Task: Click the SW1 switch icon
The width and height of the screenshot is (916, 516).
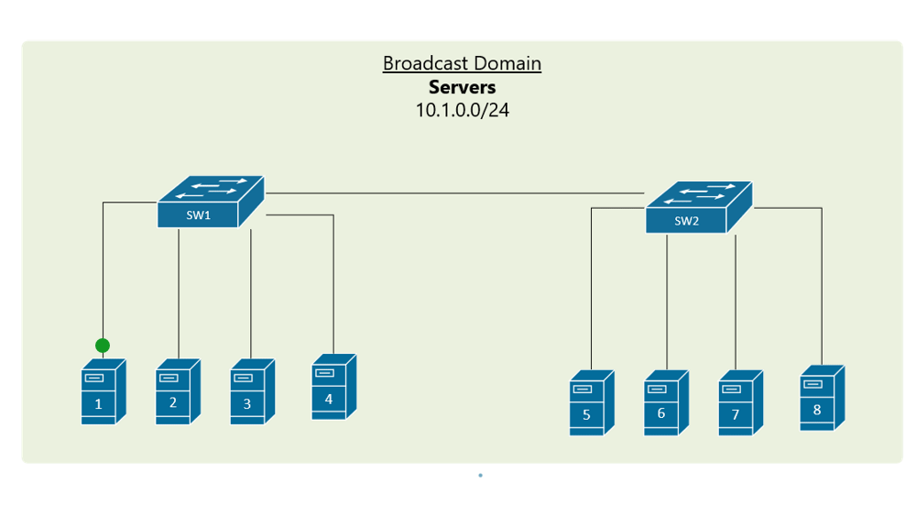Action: (x=210, y=201)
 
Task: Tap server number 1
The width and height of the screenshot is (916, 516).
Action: (x=103, y=391)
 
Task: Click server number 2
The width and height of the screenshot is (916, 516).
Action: (x=177, y=391)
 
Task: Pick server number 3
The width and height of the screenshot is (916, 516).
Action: (x=252, y=391)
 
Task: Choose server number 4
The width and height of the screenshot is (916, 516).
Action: (x=333, y=387)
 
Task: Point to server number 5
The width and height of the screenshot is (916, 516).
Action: (x=591, y=403)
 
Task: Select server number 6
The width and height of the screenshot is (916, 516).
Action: (x=666, y=403)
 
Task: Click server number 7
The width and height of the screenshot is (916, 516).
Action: (x=740, y=403)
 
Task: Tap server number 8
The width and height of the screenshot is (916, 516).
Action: (x=822, y=398)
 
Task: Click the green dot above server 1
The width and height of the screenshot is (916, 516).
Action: (x=103, y=346)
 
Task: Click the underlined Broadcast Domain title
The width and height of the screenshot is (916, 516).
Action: (x=462, y=64)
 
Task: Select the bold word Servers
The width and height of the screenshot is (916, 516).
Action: (x=462, y=87)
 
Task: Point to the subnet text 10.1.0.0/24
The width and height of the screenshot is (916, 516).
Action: (x=462, y=110)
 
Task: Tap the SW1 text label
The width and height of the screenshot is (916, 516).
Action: (x=199, y=216)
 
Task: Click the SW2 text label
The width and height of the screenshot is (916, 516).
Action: (x=686, y=221)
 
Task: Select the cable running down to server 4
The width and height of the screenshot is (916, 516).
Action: (x=333, y=284)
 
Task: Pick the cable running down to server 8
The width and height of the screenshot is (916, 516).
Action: (x=822, y=284)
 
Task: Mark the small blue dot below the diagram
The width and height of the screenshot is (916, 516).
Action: (x=480, y=476)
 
